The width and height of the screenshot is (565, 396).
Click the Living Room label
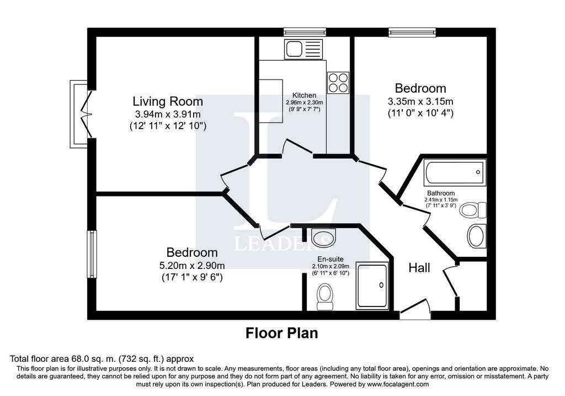[x=168, y=101]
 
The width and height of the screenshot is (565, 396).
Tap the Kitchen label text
[x=304, y=95]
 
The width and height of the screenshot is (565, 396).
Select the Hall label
[x=419, y=268]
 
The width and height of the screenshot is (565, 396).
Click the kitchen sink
[x=305, y=49]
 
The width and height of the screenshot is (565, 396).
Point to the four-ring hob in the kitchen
[x=338, y=83]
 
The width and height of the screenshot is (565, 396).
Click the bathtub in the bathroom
[x=455, y=172]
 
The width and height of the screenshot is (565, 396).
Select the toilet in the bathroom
[x=473, y=210]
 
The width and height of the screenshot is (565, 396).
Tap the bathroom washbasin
[x=476, y=236]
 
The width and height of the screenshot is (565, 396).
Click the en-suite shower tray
[x=372, y=286]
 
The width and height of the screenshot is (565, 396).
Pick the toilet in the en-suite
[x=325, y=297]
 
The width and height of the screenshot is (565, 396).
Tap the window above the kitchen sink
[x=305, y=32]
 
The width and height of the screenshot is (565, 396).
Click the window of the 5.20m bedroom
[x=92, y=254]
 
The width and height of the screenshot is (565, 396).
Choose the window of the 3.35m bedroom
[x=412, y=32]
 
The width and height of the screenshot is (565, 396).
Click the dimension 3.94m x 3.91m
[x=168, y=114]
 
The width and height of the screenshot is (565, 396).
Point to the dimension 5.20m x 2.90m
[x=192, y=266]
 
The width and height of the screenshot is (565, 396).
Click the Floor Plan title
[x=282, y=333]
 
